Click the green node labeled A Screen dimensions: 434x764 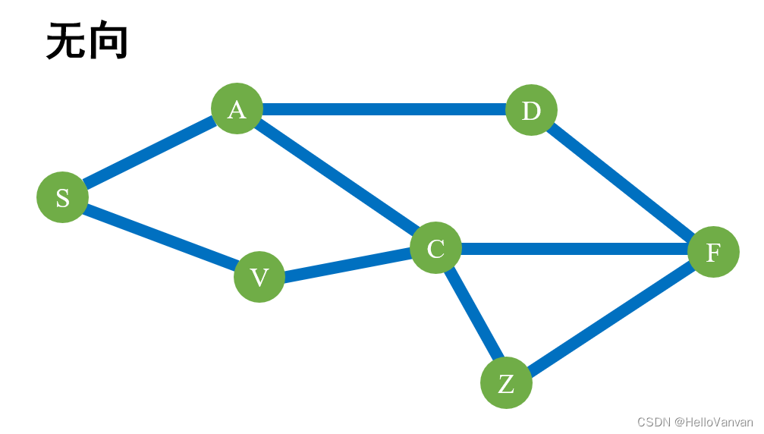(237, 108)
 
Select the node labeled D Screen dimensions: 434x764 (531, 110)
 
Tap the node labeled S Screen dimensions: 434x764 (62, 197)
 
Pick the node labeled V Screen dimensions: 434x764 (259, 277)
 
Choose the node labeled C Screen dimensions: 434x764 (435, 248)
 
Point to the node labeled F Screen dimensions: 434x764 (713, 252)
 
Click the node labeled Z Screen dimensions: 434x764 (506, 383)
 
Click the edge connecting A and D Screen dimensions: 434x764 (384, 109)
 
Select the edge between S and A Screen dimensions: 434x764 (149, 153)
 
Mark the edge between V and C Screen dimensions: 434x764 (347, 263)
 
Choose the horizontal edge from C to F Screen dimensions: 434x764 (574, 249)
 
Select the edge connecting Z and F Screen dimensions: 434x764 (610, 318)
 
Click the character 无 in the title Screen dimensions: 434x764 (66, 41)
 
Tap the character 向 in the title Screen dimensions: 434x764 (108, 41)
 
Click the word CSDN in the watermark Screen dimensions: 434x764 (653, 422)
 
